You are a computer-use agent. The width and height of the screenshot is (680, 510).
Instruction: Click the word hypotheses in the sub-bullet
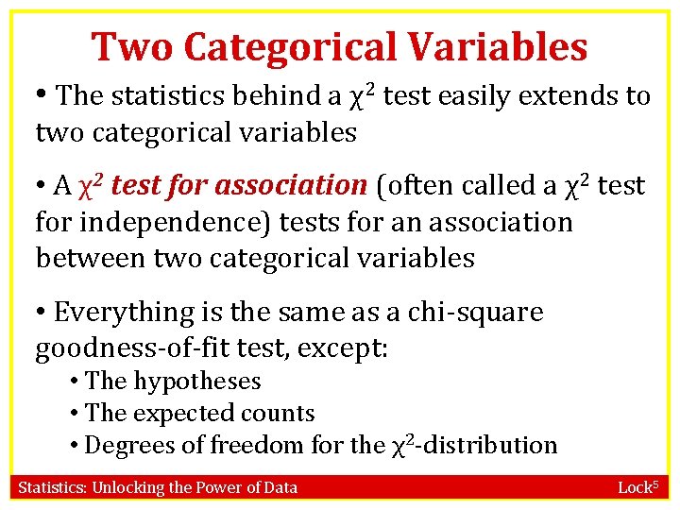pos(197,382)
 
